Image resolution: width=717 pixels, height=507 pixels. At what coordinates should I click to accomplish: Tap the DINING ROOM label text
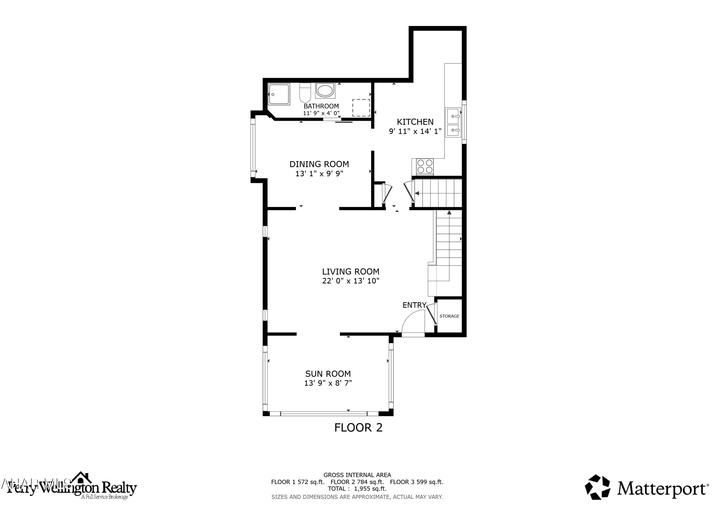click(x=319, y=164)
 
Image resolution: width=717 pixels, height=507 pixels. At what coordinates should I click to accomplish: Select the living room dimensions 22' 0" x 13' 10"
click(x=351, y=281)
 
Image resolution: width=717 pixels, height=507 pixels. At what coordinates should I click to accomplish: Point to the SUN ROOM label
click(x=328, y=374)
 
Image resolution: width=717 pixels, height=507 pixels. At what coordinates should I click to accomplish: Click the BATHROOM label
click(x=321, y=106)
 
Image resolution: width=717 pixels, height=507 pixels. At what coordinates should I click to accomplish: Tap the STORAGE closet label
click(x=449, y=316)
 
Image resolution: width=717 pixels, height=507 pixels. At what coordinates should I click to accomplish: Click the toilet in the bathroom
click(x=305, y=93)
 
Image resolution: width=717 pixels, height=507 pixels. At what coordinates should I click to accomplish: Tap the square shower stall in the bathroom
click(x=279, y=94)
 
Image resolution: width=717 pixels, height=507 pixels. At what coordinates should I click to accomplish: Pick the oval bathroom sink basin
click(x=325, y=91)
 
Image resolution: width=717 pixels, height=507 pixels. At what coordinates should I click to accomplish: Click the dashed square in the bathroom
click(x=361, y=108)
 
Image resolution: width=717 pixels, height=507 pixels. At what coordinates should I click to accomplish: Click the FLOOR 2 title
click(x=358, y=428)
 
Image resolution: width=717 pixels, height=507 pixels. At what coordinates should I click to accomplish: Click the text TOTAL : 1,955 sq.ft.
click(x=357, y=489)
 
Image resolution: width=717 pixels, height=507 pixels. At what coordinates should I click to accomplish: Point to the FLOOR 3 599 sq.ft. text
click(x=417, y=482)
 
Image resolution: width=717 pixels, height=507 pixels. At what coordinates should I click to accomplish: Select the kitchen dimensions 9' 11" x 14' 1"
click(x=415, y=131)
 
